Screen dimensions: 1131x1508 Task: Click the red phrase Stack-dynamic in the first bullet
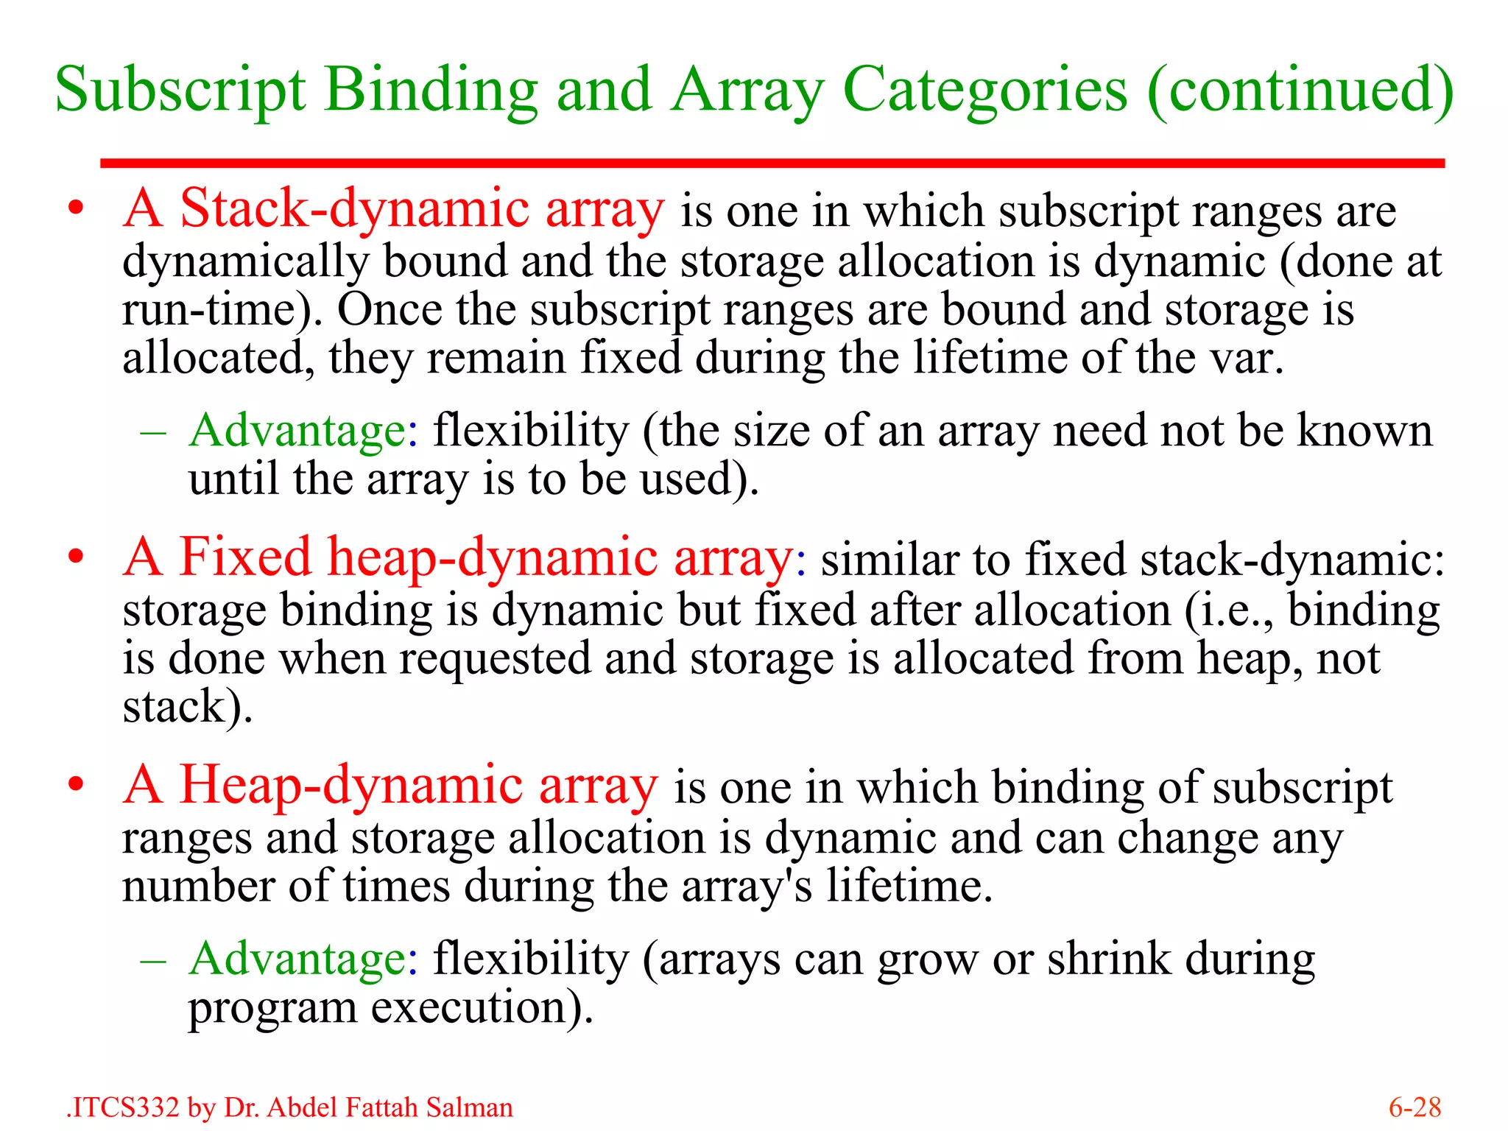pos(354,209)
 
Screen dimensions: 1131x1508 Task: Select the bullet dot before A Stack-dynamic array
pos(76,209)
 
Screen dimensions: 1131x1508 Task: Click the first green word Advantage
pos(297,431)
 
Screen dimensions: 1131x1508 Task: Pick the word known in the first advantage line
pos(1364,431)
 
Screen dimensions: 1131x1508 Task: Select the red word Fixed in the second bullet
pos(245,558)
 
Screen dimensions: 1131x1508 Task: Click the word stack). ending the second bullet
pos(187,707)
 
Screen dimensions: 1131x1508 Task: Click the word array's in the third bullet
pos(747,886)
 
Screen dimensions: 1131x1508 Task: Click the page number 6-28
pos(1414,1107)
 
